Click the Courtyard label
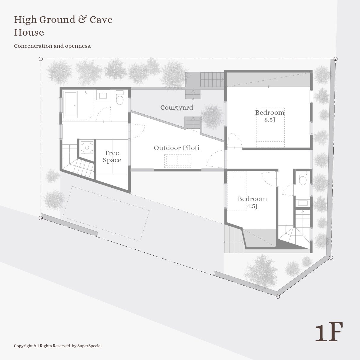click(177, 108)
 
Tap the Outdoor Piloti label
click(176, 148)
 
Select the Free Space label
click(112, 156)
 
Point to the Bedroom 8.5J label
click(270, 116)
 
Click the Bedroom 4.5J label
click(252, 202)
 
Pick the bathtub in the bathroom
click(70, 104)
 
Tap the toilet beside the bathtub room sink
click(120, 97)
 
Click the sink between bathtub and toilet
click(103, 95)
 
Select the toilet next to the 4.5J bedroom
click(303, 178)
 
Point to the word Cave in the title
click(101, 20)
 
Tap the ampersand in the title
click(82, 20)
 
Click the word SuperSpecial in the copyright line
click(90, 346)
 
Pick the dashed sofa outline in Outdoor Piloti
click(177, 161)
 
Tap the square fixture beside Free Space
click(87, 147)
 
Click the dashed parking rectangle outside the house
click(106, 214)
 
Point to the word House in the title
click(29, 33)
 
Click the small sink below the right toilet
click(303, 203)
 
